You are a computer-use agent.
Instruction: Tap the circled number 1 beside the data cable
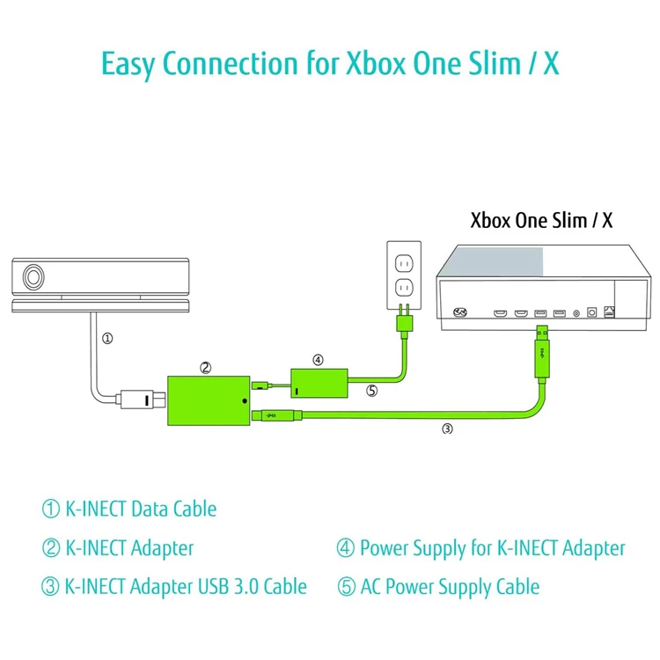tap(107, 338)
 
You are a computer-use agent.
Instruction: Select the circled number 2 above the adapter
tap(205, 367)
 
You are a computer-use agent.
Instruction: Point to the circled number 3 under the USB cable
tap(447, 429)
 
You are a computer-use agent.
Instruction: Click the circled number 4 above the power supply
tap(318, 359)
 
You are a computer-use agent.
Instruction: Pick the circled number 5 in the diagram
tap(372, 391)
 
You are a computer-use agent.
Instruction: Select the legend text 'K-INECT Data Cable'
tap(141, 509)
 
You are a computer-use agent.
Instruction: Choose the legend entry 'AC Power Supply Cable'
tap(450, 586)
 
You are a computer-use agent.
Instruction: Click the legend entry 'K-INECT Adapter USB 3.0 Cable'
tap(186, 586)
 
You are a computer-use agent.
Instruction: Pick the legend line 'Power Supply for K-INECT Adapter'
tap(492, 548)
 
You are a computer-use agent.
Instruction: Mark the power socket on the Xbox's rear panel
tap(459, 312)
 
